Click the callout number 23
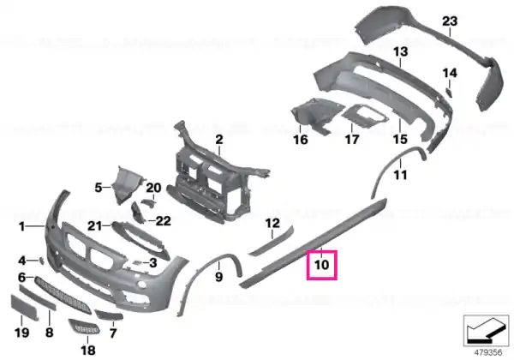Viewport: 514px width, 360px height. (x=450, y=21)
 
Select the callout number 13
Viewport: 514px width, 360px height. (x=400, y=51)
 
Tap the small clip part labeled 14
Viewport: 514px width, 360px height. (x=449, y=93)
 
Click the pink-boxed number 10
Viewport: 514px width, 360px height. (x=321, y=265)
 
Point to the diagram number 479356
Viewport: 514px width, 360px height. (x=488, y=353)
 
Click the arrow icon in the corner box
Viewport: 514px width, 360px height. (x=486, y=330)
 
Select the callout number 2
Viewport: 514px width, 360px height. (x=219, y=140)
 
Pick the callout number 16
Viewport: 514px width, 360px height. (x=301, y=140)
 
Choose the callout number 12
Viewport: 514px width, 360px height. (x=272, y=223)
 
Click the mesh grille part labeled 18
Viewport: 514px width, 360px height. (x=84, y=327)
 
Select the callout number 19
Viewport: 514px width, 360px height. (x=21, y=333)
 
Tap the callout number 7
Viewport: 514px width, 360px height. (x=113, y=333)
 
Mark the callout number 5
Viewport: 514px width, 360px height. (x=99, y=188)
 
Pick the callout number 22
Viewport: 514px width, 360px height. (x=163, y=220)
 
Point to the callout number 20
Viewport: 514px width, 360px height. (x=153, y=188)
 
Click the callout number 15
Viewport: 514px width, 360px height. (x=400, y=140)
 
